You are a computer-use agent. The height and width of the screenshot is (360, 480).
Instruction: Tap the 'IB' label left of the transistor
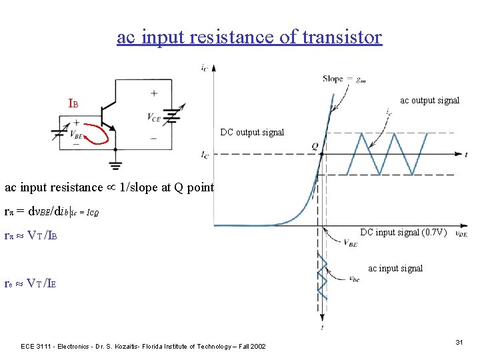[73, 105]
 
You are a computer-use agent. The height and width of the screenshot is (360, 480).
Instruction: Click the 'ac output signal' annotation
[429, 101]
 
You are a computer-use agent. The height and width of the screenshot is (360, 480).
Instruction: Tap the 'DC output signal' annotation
[252, 132]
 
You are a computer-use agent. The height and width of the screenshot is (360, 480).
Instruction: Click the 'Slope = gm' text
[343, 79]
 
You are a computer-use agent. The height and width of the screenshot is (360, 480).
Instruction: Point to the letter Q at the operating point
[315, 146]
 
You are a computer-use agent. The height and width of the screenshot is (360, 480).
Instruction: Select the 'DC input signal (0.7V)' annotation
[403, 232]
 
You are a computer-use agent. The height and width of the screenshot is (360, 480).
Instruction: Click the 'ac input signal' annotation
[395, 268]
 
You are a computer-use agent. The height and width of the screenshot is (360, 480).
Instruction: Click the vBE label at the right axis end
[460, 234]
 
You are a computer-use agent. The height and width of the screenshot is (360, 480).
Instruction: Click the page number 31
[459, 342]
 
